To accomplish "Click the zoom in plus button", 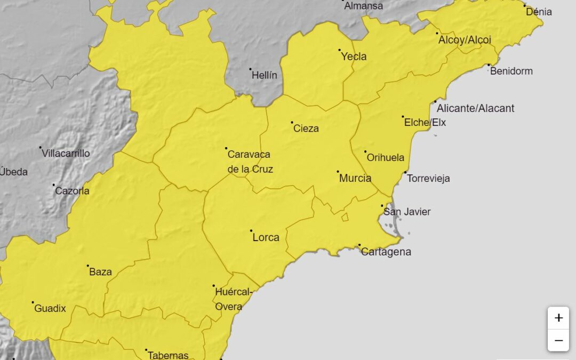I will click(558, 318).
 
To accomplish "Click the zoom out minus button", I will click(558, 340).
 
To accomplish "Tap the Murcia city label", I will click(355, 178).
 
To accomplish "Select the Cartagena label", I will click(386, 252).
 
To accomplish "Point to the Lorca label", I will click(266, 237).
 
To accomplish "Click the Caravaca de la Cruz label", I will click(250, 162).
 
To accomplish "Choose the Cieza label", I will click(306, 129).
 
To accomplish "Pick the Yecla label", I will click(354, 57).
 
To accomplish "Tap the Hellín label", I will click(265, 75).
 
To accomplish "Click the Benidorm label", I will click(511, 71).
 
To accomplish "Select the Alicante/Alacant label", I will click(476, 108).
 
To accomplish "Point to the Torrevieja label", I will click(428, 178).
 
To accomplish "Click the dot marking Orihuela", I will click(365, 151).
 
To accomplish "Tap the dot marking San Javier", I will click(382, 206).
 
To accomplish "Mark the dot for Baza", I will click(88, 266).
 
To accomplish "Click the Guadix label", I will click(50, 308).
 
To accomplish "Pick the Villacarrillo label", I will click(66, 154).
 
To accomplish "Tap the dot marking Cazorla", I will click(54, 185).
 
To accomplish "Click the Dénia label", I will click(539, 12).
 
